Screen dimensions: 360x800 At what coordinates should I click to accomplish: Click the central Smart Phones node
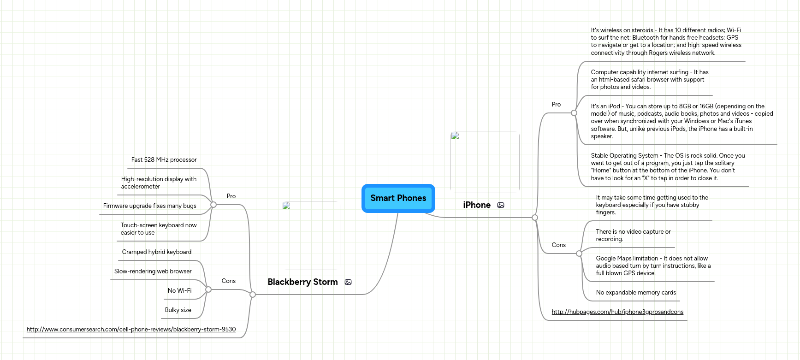point(398,198)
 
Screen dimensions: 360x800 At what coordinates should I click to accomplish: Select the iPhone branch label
point(477,205)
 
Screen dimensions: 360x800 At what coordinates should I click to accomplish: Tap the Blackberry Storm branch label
point(302,282)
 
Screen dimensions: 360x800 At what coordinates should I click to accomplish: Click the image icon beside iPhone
point(501,205)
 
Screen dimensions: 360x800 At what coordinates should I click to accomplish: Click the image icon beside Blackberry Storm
point(348,282)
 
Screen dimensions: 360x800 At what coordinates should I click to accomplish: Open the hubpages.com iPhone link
point(617,312)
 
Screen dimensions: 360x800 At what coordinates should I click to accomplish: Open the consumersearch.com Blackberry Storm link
point(131,330)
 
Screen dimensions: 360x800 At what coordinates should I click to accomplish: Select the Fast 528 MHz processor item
point(164,160)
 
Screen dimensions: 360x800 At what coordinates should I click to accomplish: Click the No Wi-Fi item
point(179,291)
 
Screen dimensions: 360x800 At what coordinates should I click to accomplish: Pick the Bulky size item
point(178,310)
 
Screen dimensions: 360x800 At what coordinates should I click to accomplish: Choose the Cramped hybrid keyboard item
point(157,252)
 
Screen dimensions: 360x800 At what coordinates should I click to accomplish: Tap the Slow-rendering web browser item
point(153,271)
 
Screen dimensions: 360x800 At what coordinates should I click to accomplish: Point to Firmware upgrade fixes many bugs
point(149,206)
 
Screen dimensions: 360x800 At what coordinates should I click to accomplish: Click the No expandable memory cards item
point(636,293)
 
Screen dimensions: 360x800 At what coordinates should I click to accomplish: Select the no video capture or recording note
point(633,236)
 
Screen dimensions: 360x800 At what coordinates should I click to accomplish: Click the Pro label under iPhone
point(556,105)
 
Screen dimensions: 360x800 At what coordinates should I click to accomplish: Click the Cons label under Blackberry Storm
point(228,281)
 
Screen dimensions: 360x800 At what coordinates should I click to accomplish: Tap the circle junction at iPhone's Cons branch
point(579,254)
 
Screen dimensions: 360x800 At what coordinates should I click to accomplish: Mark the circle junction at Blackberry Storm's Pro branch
point(213,205)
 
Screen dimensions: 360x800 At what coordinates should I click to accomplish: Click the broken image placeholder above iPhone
point(485,162)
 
